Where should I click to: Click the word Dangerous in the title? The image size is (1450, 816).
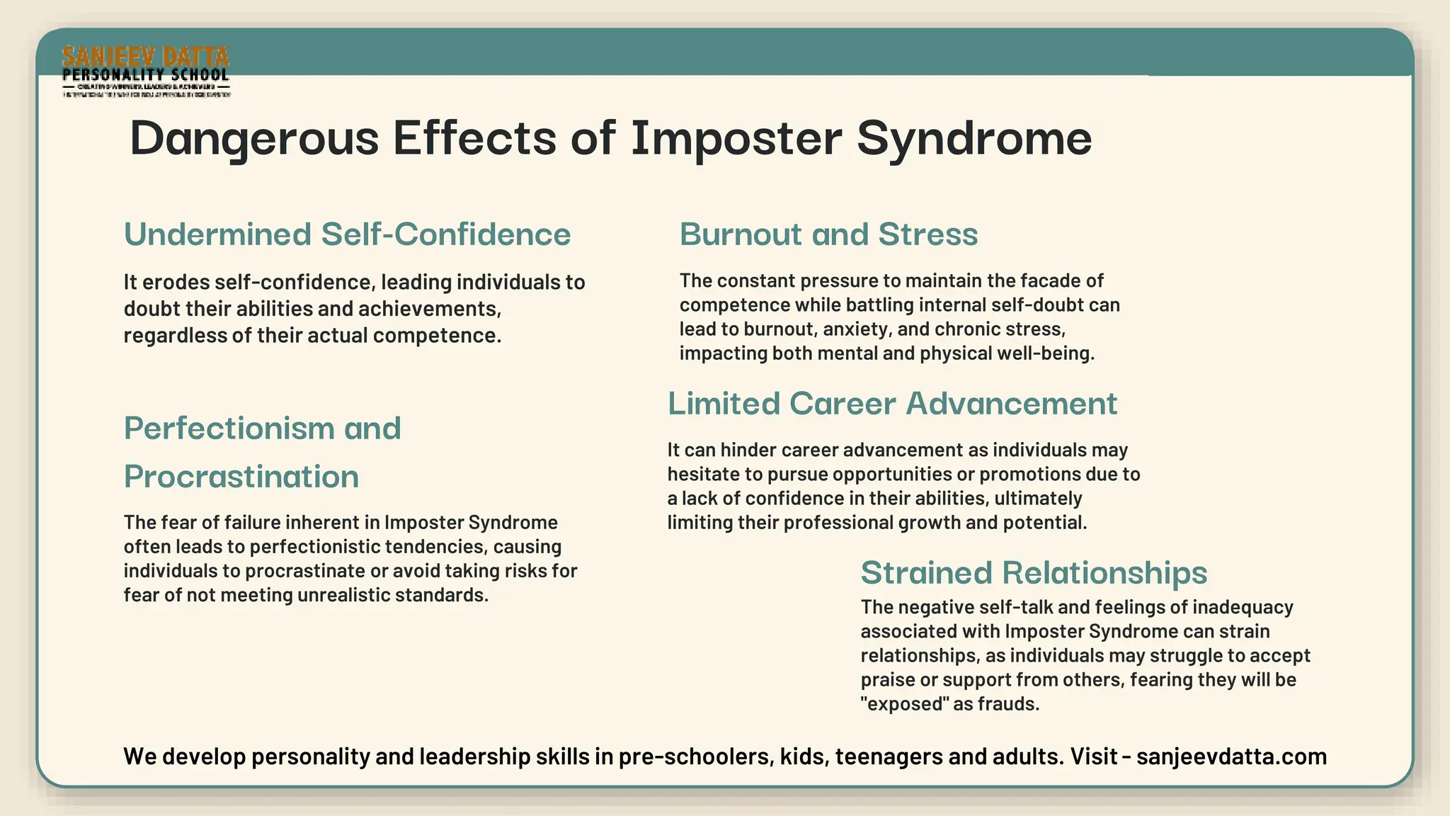click(254, 138)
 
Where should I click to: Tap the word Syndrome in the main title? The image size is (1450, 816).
click(974, 138)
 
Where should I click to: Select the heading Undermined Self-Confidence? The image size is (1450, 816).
click(347, 234)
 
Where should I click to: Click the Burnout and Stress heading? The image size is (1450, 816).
click(828, 234)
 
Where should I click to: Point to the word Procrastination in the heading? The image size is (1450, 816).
click(241, 477)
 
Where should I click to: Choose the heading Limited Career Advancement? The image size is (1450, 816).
click(892, 404)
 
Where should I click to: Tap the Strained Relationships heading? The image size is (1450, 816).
click(1034, 572)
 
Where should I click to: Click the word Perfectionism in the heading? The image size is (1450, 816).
click(229, 429)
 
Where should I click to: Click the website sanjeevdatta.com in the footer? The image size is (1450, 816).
click(1231, 756)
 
